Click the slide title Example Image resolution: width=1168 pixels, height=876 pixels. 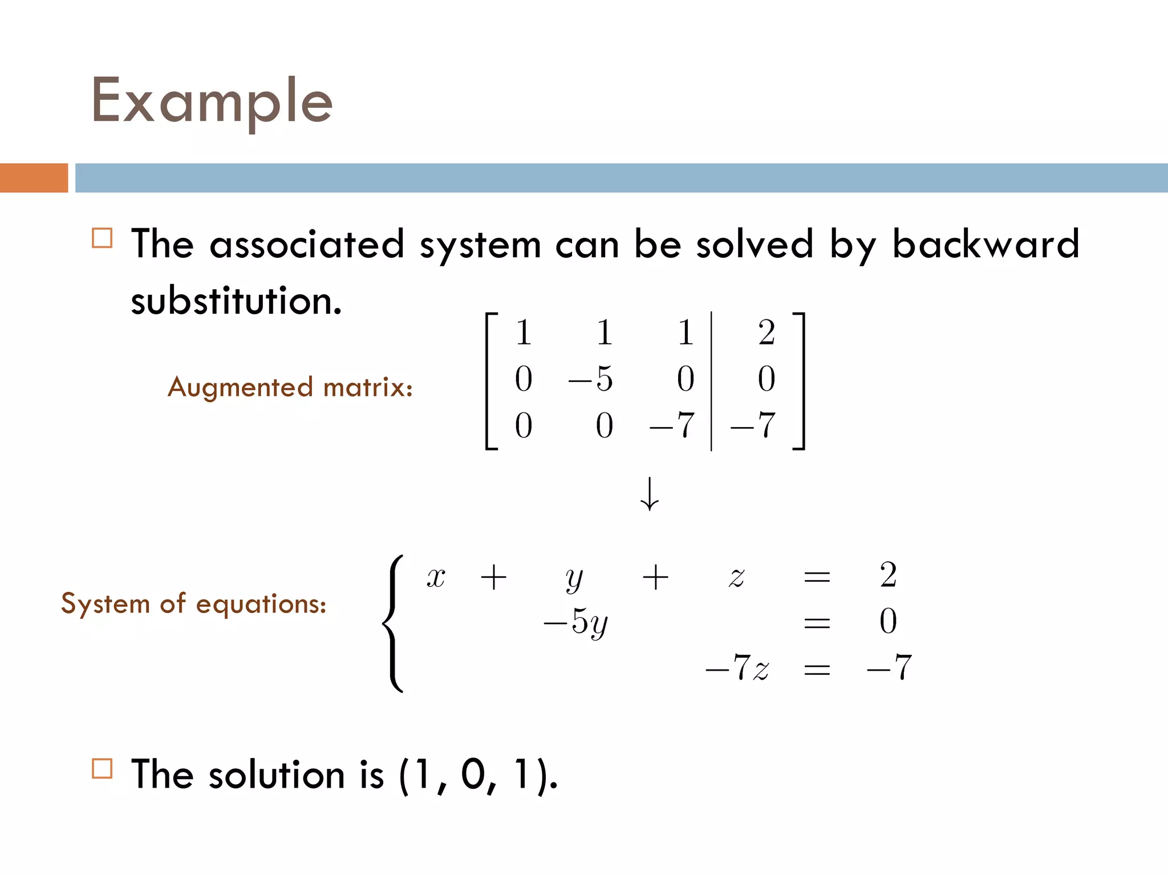(x=212, y=102)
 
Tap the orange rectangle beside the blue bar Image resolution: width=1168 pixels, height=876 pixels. (x=34, y=177)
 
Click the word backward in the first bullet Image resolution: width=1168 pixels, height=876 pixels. (x=985, y=244)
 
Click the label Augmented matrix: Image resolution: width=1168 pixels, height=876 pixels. (x=290, y=387)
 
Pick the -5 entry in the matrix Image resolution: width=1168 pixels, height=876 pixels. (x=591, y=378)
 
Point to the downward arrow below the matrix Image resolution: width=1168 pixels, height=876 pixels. (x=650, y=494)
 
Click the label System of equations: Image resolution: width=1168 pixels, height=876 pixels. (x=193, y=603)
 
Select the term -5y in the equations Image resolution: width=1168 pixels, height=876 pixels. (x=576, y=622)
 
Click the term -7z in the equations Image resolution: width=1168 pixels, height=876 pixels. (x=737, y=668)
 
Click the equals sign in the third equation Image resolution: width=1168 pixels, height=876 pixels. (x=816, y=668)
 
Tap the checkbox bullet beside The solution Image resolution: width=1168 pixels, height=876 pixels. (x=102, y=768)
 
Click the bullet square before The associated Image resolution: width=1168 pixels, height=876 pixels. (x=102, y=238)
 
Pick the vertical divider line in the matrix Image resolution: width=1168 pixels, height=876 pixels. (x=711, y=381)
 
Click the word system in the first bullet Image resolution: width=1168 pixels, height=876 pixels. (x=480, y=245)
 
